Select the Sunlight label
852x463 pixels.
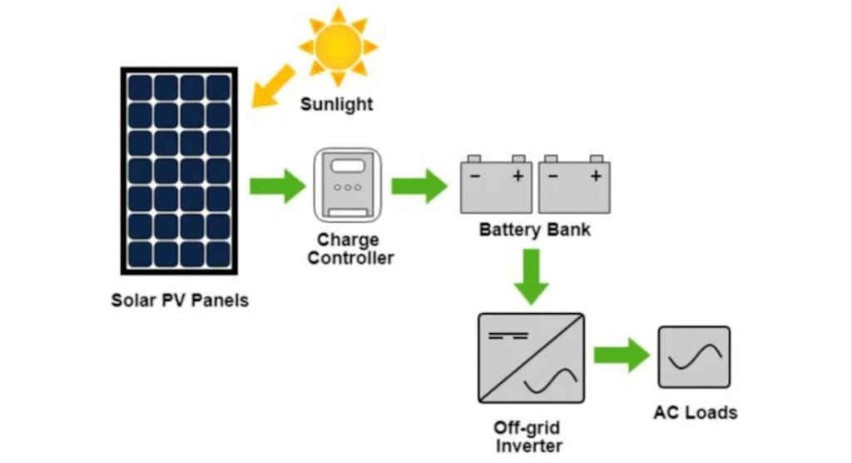tap(336, 105)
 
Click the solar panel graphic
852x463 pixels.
tap(180, 171)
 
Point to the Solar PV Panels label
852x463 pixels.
tap(180, 300)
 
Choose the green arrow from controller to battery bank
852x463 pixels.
tap(419, 186)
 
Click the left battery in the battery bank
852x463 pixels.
tap(497, 184)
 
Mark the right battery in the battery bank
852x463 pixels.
tap(574, 184)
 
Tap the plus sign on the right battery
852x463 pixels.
tap(595, 176)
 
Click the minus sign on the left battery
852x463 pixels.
tap(474, 176)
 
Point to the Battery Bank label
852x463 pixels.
tap(535, 229)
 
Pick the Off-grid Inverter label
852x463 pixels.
tap(528, 437)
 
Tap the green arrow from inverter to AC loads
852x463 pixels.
tap(621, 356)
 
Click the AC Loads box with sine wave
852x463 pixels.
tap(694, 357)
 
